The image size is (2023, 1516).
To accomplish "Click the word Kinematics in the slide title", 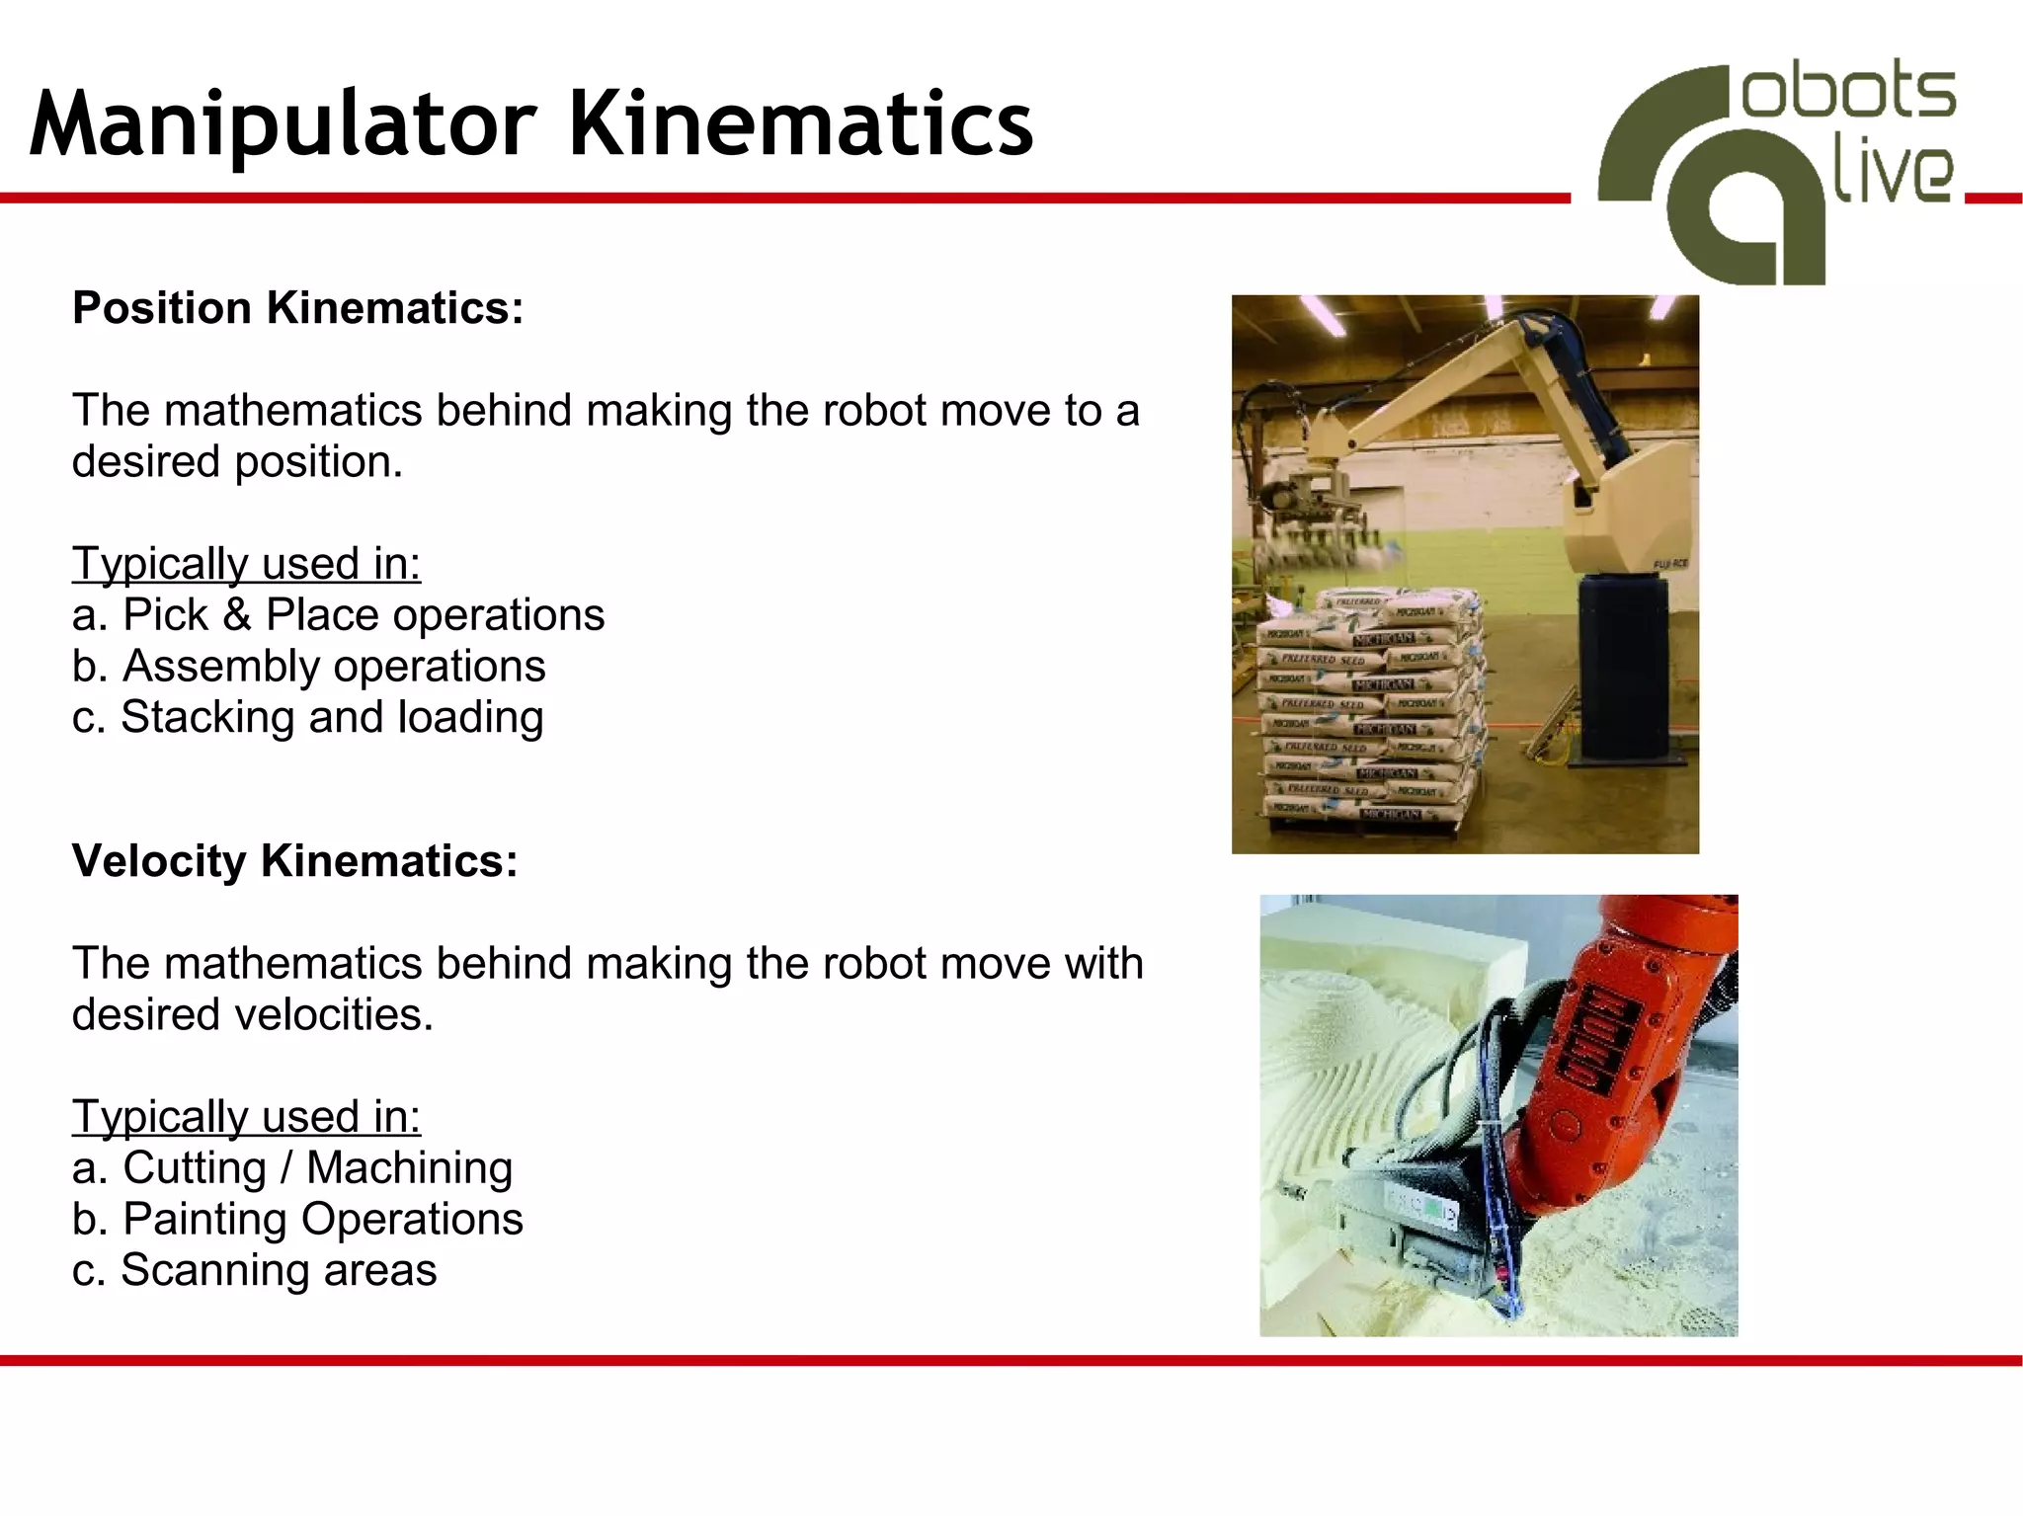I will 800,124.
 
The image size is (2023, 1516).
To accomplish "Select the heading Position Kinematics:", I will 297,308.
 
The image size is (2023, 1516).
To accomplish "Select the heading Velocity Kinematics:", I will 294,861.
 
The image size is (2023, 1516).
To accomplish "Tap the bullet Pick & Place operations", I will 338,615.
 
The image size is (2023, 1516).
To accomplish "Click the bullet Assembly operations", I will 308,667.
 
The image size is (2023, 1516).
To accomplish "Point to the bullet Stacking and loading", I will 307,718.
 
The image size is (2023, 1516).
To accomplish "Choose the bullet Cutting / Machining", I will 292,1168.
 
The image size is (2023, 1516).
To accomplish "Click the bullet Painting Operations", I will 297,1220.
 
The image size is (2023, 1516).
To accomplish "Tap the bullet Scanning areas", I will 254,1271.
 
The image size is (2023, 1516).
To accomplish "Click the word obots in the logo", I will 1848,95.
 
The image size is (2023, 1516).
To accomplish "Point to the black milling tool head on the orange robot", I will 1422,1225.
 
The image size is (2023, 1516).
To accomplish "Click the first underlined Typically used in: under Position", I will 246,564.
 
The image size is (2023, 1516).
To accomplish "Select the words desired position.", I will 237,462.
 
